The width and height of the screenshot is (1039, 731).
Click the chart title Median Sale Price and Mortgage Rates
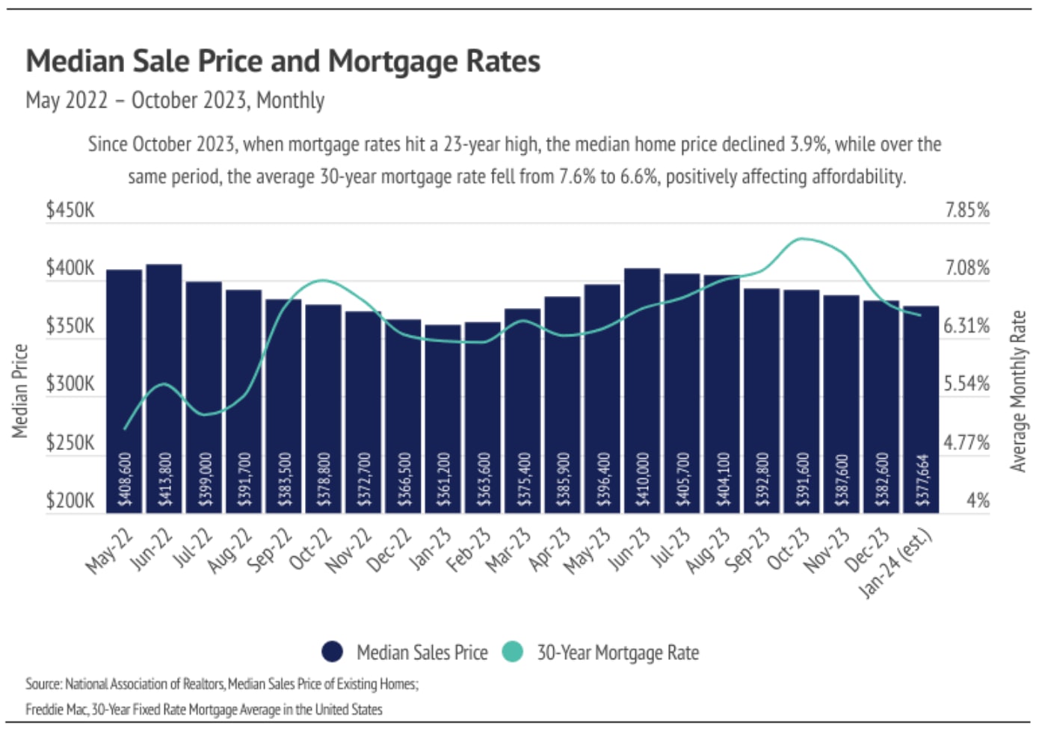pyautogui.click(x=283, y=61)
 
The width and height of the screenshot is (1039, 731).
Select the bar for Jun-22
pyautogui.click(x=164, y=389)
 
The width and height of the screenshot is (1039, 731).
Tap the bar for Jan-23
pyautogui.click(x=443, y=419)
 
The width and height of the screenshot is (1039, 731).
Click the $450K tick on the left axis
pyautogui.click(x=70, y=210)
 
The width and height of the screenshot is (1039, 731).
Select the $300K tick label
pyautogui.click(x=70, y=384)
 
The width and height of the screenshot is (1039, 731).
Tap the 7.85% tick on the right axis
pyautogui.click(x=966, y=210)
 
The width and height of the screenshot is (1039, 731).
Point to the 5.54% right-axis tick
pyautogui.click(x=966, y=384)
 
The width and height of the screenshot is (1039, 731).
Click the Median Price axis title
pyautogui.click(x=19, y=390)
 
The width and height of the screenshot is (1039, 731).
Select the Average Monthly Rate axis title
pyautogui.click(x=1017, y=391)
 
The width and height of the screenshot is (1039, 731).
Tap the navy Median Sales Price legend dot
pyautogui.click(x=333, y=652)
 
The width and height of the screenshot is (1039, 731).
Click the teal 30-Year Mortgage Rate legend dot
pyautogui.click(x=512, y=652)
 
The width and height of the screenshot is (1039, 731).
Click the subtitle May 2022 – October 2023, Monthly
pyautogui.click(x=175, y=100)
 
